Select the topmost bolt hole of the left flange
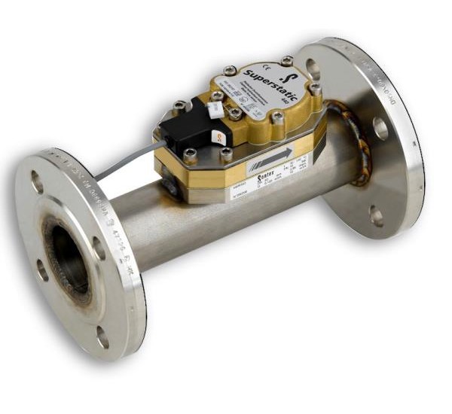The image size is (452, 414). coord(36,181)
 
